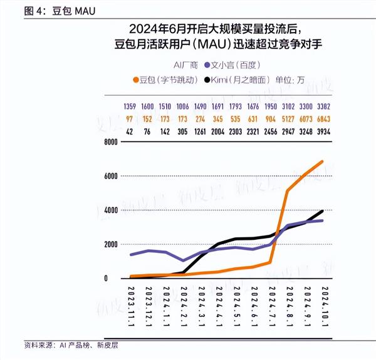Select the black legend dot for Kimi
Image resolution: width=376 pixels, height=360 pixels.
(x=206, y=80)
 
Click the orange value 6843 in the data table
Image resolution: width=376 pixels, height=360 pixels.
(x=322, y=120)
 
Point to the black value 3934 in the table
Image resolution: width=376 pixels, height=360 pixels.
(x=322, y=131)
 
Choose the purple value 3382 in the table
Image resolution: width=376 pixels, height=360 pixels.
(x=322, y=107)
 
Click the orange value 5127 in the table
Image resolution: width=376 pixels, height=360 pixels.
(x=288, y=120)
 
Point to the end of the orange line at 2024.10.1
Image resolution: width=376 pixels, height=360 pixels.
(x=322, y=162)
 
